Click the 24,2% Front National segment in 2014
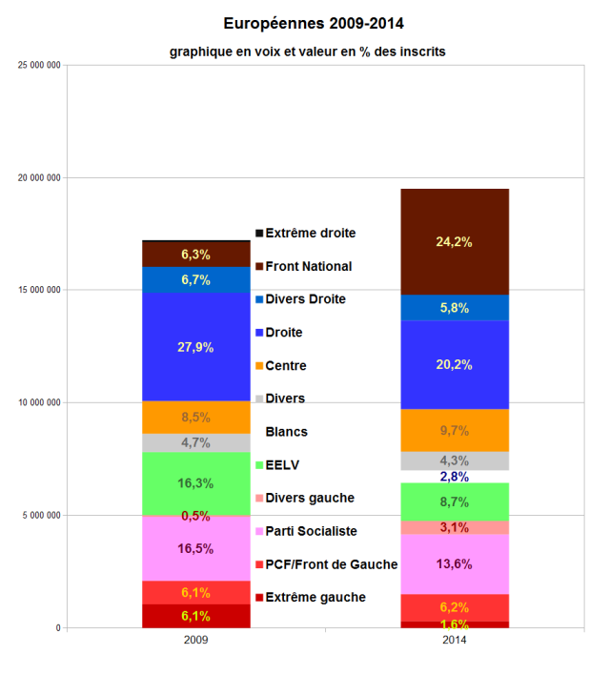point(454,241)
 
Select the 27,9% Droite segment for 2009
point(195,347)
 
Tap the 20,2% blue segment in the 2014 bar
point(454,364)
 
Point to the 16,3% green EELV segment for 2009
point(195,482)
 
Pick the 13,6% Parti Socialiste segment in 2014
point(454,563)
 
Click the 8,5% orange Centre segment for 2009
point(195,417)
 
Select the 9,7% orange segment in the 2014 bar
point(454,430)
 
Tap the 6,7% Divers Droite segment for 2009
point(195,279)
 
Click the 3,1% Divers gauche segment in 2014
point(454,527)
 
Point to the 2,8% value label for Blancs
point(454,476)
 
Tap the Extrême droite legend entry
point(310,233)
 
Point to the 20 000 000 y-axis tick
point(39,177)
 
